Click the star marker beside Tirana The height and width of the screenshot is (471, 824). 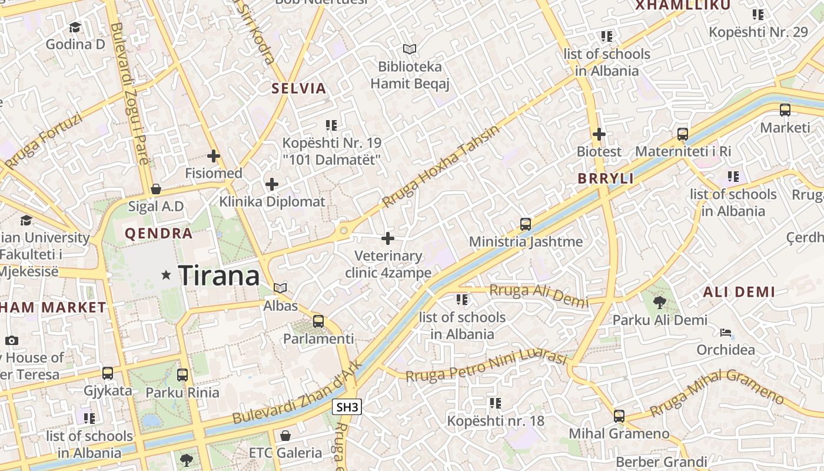pos(167,275)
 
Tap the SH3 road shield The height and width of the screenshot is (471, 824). pos(347,407)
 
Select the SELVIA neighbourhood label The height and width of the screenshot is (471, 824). pos(298,89)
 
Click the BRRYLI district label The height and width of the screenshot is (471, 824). pos(606,178)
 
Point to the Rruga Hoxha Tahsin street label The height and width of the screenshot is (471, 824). pos(440,167)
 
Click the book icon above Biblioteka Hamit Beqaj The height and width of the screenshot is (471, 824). pos(410,49)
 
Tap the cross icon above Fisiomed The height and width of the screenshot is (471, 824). pos(214,157)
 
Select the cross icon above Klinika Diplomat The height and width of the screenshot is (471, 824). pos(272,184)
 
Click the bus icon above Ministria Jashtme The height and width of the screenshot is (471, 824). pos(526,224)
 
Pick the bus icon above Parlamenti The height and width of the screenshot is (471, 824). pos(318,321)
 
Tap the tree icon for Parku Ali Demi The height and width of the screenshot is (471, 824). pos(660,303)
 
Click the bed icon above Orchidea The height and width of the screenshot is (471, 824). pos(726,333)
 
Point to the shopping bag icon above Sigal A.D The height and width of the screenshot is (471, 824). pos(156,189)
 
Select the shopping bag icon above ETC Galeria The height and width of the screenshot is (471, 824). pos(285,436)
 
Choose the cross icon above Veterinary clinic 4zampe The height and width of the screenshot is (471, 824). pos(388,238)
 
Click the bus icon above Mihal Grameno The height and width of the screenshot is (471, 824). pos(619,416)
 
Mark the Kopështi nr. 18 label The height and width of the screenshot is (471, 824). pos(496,421)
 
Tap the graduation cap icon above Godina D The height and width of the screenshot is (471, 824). pos(75,28)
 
